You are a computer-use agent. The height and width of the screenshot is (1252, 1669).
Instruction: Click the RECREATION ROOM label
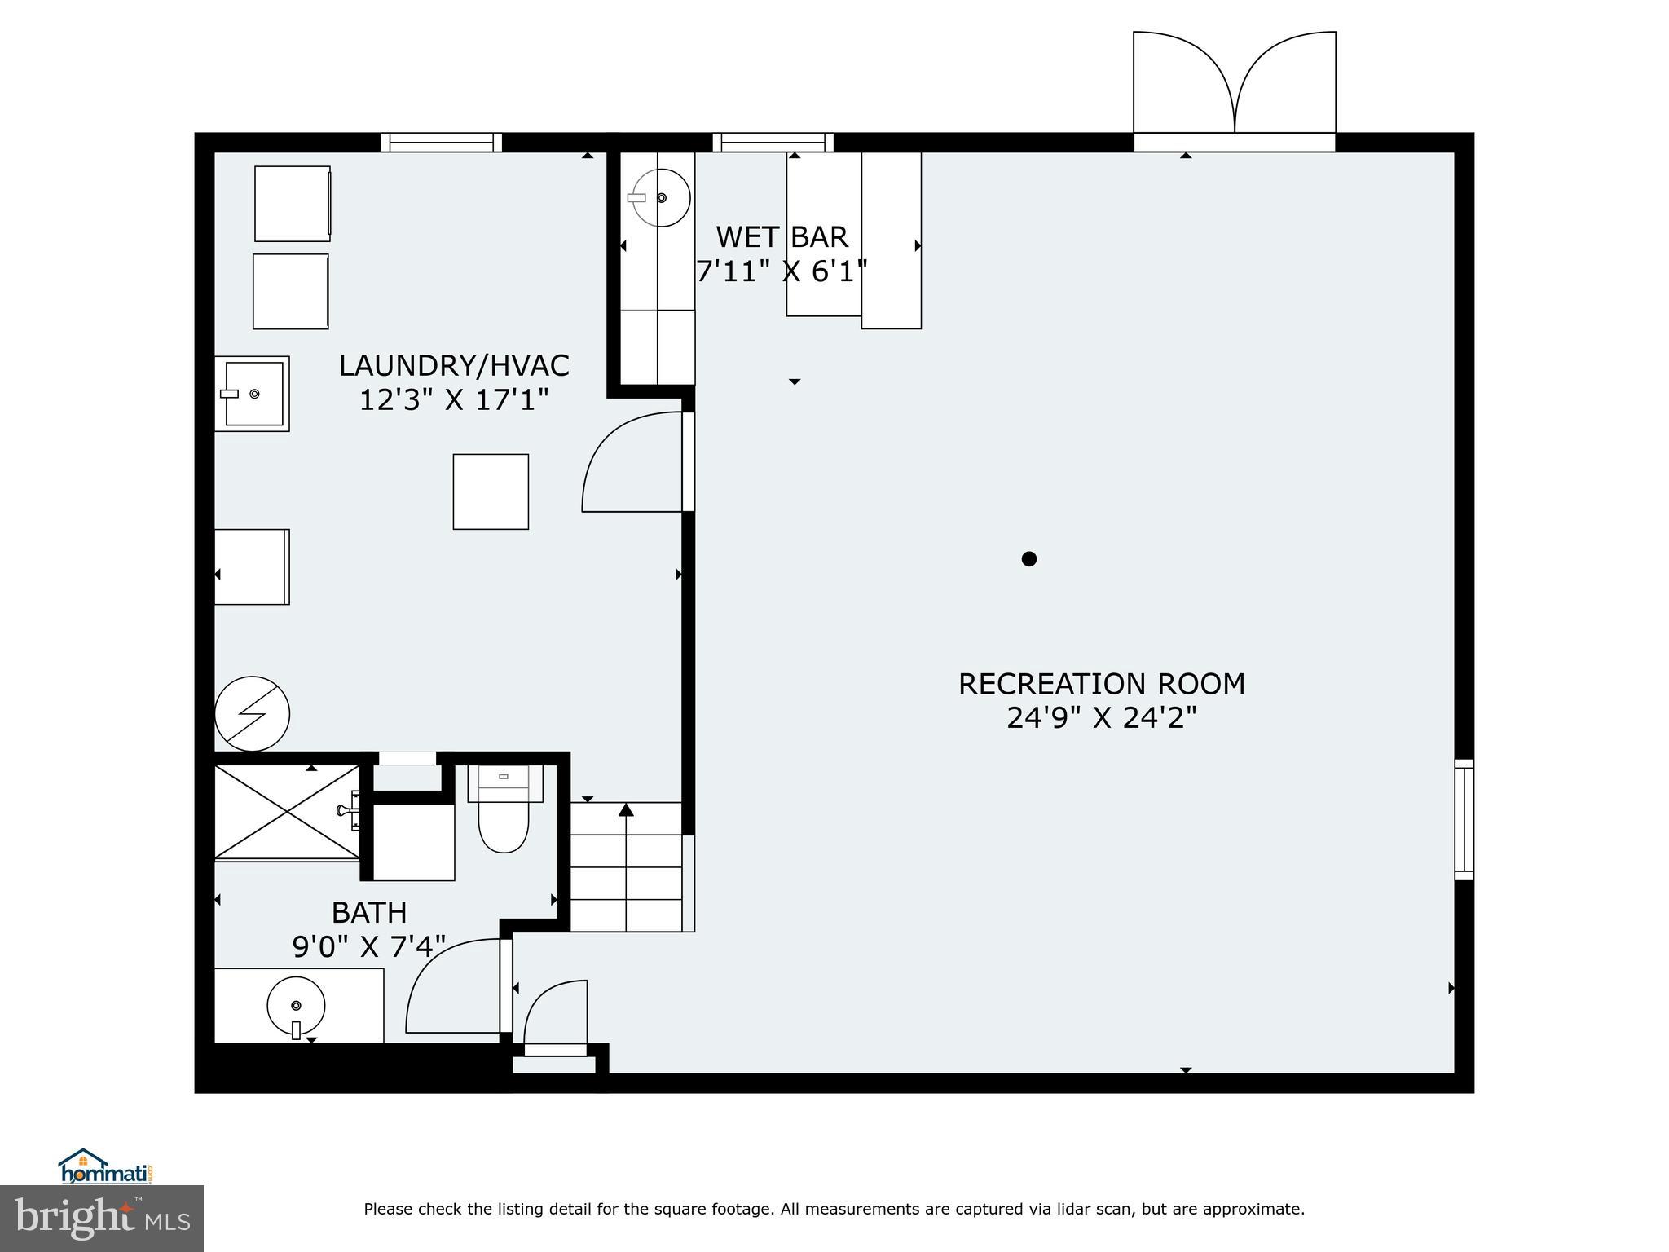(x=1101, y=684)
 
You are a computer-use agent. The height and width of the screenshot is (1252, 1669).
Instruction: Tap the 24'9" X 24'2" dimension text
(x=1101, y=718)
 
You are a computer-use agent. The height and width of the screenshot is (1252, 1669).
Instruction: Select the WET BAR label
(x=782, y=237)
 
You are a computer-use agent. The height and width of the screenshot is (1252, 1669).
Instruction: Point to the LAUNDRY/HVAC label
(x=454, y=366)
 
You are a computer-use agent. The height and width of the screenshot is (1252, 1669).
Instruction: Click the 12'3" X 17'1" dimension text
(x=454, y=400)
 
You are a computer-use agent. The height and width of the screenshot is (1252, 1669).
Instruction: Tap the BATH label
(x=369, y=912)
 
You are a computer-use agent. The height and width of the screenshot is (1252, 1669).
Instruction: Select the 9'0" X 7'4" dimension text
(x=369, y=946)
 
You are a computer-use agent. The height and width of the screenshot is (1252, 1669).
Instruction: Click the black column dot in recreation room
(x=1029, y=559)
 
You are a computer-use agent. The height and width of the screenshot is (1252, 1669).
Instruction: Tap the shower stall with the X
(x=286, y=812)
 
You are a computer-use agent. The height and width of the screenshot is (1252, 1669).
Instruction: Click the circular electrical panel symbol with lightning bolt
(x=252, y=713)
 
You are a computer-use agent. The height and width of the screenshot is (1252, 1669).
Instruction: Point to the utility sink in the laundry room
(x=253, y=394)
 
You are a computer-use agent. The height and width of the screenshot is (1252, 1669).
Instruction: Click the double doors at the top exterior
(x=1234, y=86)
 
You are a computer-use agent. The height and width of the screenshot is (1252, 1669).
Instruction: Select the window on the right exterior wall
(x=1464, y=819)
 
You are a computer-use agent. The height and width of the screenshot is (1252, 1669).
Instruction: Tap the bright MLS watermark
(x=101, y=1219)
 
